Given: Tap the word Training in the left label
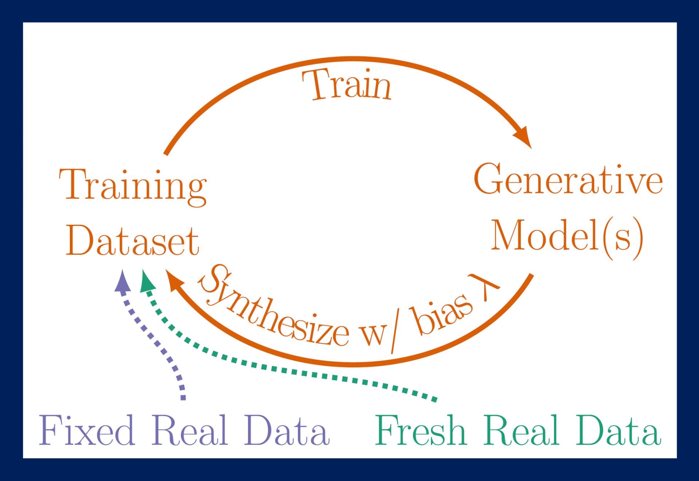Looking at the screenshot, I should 133,185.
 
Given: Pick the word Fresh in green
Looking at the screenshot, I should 420,430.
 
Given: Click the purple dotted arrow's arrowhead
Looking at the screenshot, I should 122,282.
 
